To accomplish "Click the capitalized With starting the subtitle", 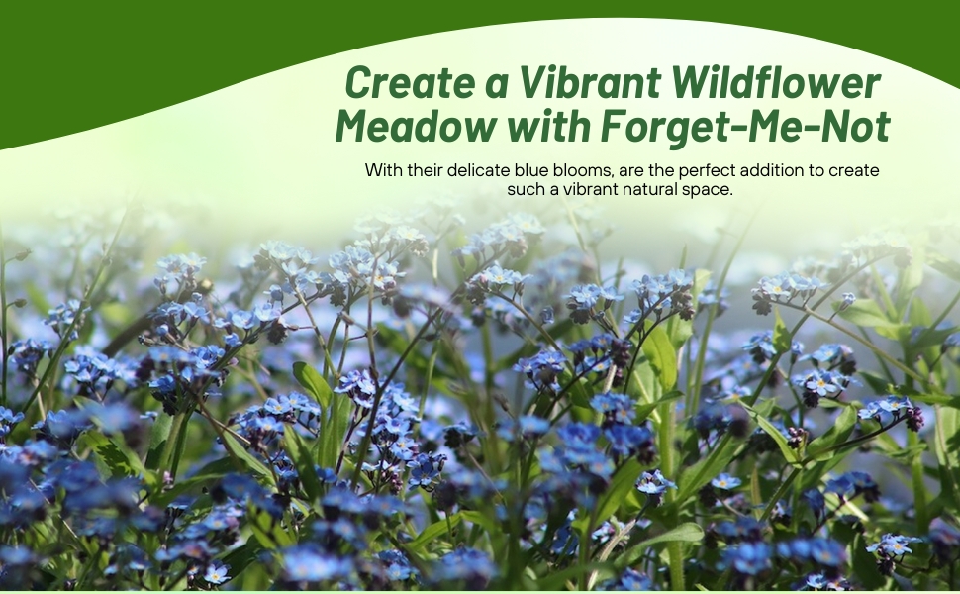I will (383, 170).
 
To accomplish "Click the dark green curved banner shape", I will (148, 59).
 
